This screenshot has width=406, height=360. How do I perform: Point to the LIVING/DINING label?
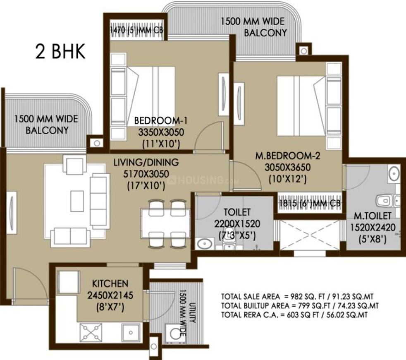tap(146, 162)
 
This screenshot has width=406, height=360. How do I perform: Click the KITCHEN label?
tap(110, 284)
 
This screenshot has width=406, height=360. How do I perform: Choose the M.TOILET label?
tap(372, 216)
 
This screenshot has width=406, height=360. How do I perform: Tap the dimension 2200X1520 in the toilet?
tap(238, 225)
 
